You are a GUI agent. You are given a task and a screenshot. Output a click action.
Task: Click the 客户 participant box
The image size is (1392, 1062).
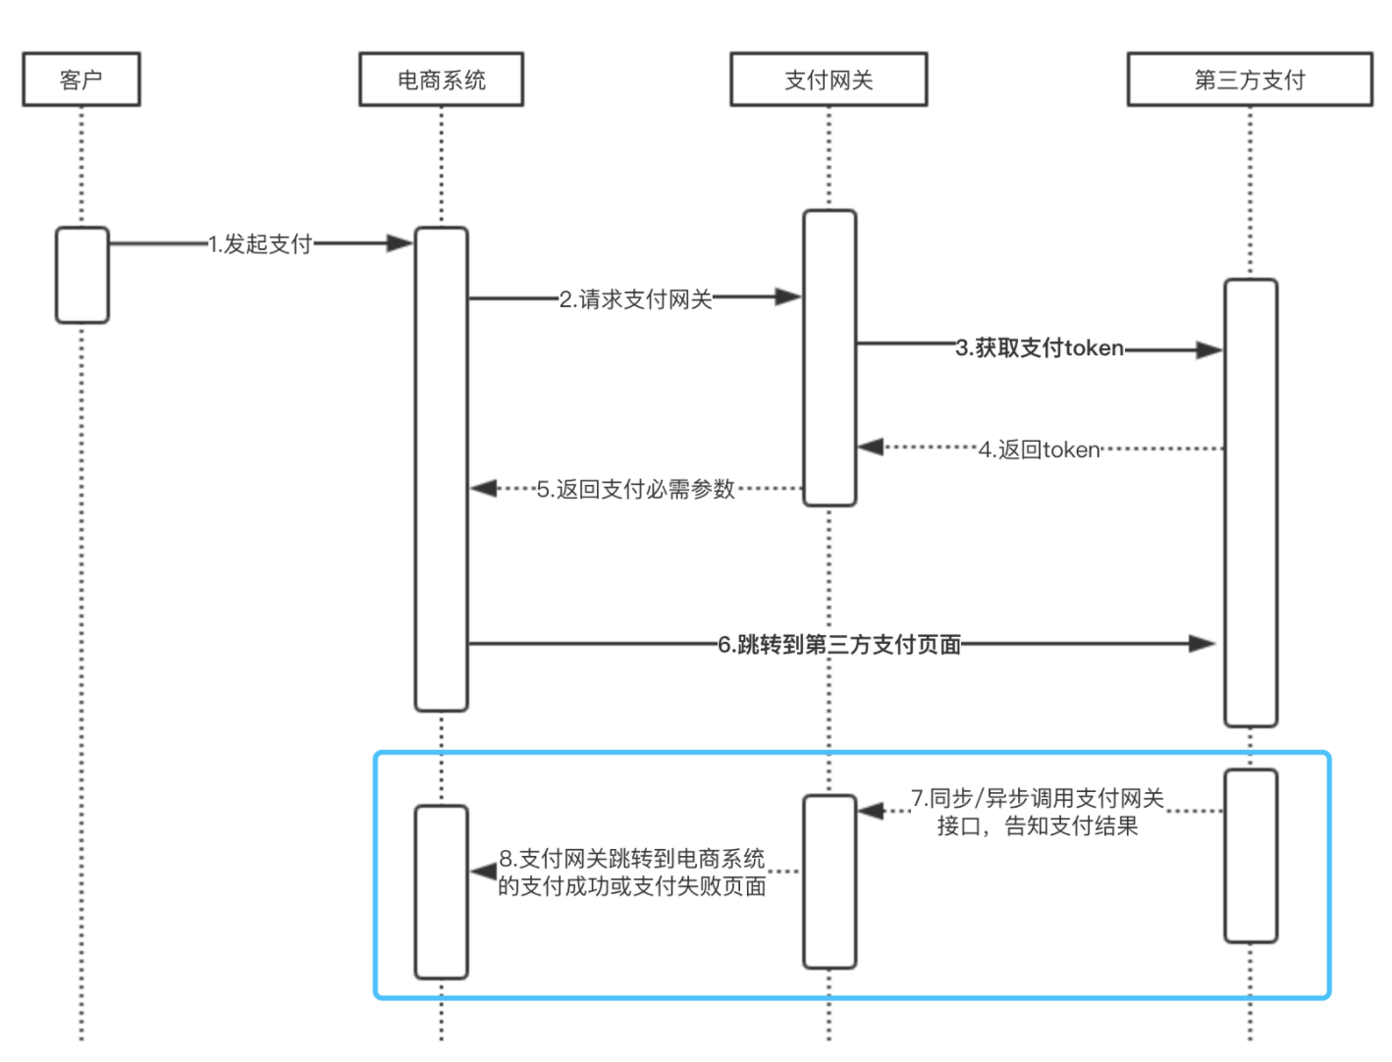(x=81, y=80)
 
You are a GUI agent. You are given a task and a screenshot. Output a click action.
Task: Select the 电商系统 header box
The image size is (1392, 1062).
(x=441, y=80)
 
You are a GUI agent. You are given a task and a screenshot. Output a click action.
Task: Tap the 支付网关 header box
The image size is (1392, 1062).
(x=829, y=80)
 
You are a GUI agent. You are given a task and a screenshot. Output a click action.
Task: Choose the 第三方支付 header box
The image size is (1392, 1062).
(x=1249, y=80)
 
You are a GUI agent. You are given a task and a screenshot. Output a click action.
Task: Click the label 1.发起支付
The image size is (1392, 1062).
(x=260, y=243)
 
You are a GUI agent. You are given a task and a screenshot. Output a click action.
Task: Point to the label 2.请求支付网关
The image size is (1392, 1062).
(x=635, y=298)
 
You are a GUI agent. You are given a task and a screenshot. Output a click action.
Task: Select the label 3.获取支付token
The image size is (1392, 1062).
(x=1040, y=348)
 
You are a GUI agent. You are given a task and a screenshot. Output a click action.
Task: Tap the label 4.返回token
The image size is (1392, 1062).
(x=1040, y=450)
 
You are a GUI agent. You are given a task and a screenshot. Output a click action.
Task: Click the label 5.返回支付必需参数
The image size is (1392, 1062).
(x=636, y=489)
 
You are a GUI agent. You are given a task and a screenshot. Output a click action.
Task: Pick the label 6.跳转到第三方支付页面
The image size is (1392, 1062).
(x=839, y=645)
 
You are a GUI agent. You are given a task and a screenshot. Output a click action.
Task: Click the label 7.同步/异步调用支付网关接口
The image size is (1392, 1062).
(x=1038, y=812)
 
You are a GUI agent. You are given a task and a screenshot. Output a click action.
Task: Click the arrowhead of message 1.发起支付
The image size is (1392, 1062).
(x=400, y=243)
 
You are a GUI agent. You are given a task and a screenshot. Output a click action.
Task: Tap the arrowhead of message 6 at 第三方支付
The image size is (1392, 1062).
(x=1203, y=644)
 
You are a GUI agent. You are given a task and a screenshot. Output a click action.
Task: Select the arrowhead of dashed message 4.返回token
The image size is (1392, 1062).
(x=871, y=448)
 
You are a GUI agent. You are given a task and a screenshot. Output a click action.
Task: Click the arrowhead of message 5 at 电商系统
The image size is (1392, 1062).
(x=483, y=488)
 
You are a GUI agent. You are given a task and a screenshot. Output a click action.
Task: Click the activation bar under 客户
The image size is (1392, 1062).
(x=82, y=275)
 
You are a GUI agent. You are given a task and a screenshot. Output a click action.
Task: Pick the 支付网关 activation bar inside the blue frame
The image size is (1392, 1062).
(x=830, y=881)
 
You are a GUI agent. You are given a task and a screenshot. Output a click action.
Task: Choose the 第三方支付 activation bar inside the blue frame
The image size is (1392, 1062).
(x=1250, y=856)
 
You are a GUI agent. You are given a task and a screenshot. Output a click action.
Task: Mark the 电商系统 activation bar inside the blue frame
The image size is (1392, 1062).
(x=441, y=892)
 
